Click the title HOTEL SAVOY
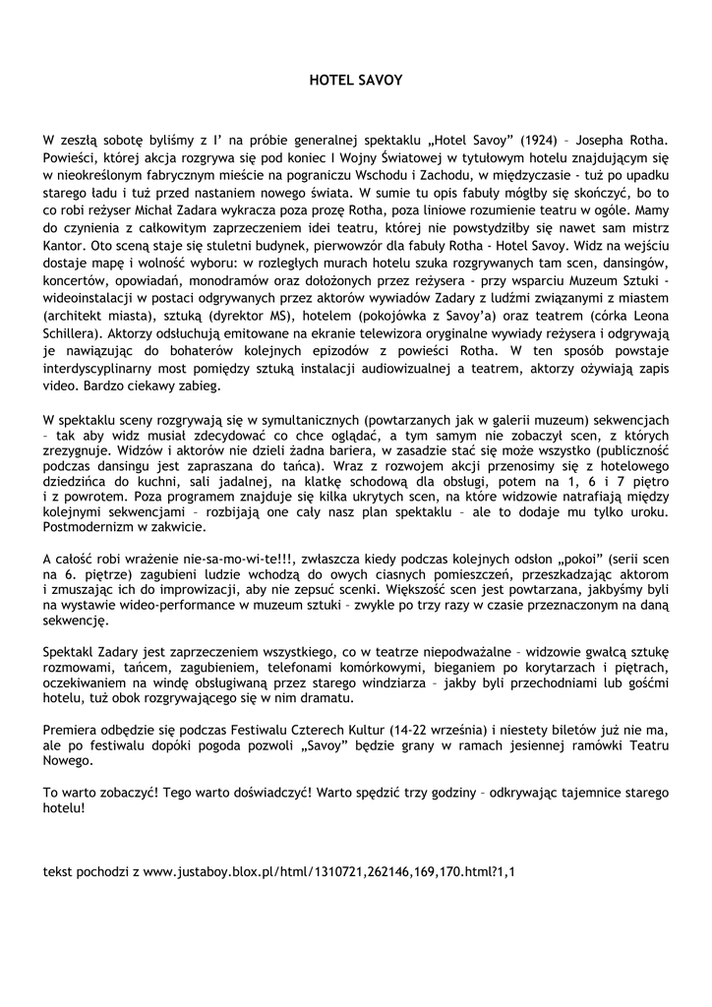pos(356,79)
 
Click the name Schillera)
pos(77,351)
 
